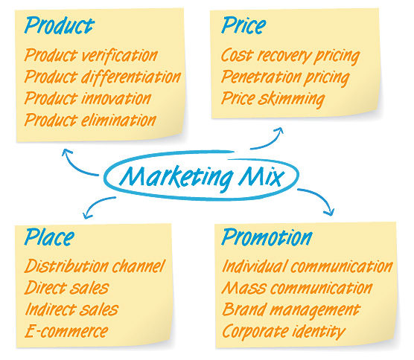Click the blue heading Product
(59, 25)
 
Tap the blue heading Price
(243, 25)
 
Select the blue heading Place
(49, 237)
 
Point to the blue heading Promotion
(267, 237)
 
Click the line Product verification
(91, 55)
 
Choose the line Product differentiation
(103, 77)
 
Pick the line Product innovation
(88, 98)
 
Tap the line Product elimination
(90, 120)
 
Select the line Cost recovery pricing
(290, 56)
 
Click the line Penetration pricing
(285, 77)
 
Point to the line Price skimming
(273, 99)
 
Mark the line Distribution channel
(95, 266)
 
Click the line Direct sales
(67, 287)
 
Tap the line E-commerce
(66, 331)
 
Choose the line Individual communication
(308, 266)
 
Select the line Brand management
(291, 309)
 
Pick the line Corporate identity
(284, 331)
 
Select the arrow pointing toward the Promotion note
(320, 196)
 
